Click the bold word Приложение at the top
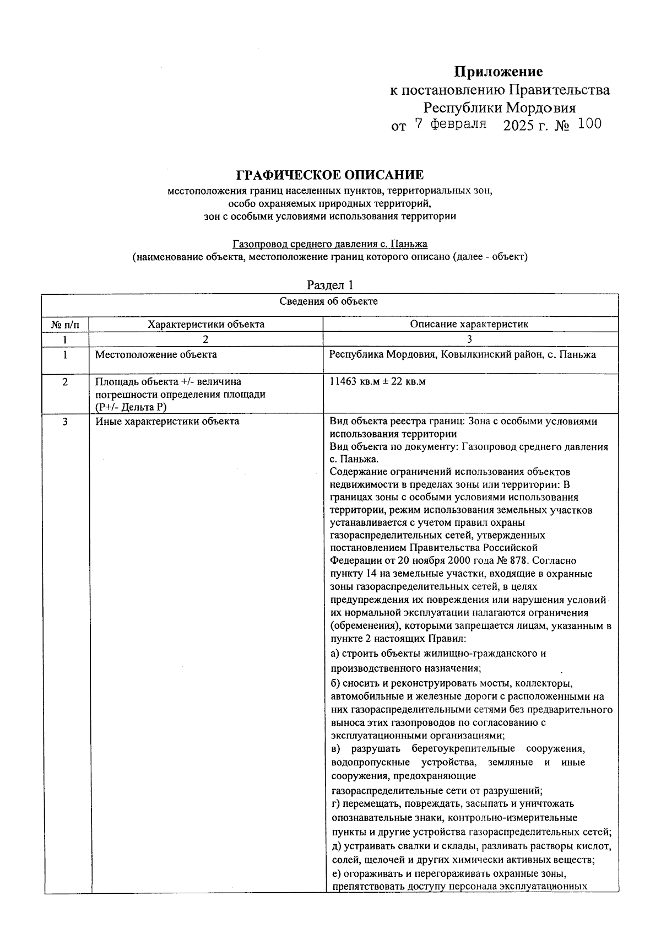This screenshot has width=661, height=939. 498,72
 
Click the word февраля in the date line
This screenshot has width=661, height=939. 458,124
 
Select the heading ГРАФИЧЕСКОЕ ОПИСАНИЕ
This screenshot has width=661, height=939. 330,175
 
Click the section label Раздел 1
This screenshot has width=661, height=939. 329,285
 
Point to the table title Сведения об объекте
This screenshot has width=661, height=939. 329,301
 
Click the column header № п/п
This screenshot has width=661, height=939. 65,324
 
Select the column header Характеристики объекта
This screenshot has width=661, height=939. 206,324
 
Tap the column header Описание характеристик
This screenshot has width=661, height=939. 469,324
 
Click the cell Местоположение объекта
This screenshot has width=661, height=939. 156,354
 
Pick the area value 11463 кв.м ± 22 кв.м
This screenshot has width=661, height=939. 377,381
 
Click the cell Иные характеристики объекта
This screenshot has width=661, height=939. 167,422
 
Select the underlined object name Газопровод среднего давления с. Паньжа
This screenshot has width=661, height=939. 330,244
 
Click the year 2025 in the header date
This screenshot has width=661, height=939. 519,125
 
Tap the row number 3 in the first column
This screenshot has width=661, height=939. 65,422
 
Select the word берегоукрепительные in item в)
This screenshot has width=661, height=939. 463,748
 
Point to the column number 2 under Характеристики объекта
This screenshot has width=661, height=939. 206,339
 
